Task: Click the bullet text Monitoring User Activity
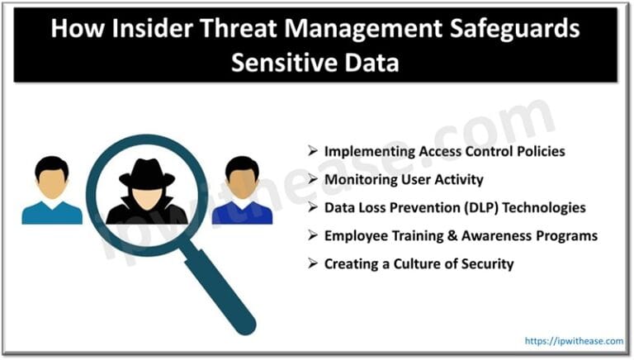pyautogui.click(x=404, y=179)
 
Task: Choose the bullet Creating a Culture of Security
pyautogui.click(x=419, y=263)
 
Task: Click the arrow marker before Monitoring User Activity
pyautogui.click(x=312, y=179)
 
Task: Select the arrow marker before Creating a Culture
pyautogui.click(x=312, y=263)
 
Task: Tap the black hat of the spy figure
pyautogui.click(x=147, y=172)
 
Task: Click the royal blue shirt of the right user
pyautogui.click(x=242, y=213)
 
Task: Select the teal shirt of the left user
pyautogui.click(x=52, y=213)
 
